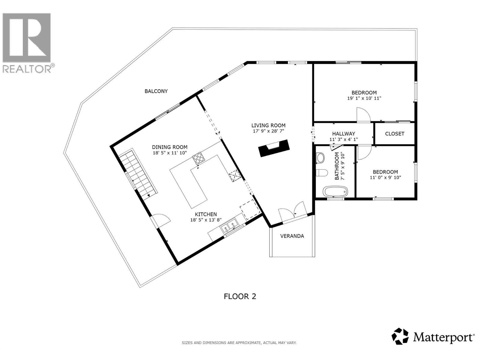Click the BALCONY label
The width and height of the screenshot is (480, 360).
(x=156, y=91)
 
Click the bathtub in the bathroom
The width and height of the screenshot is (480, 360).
(x=335, y=191)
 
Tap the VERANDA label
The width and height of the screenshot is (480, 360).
(x=292, y=236)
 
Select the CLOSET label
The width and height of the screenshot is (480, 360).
(x=394, y=134)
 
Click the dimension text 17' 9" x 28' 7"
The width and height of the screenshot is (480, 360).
(x=268, y=131)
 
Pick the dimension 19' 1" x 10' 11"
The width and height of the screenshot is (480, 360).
(x=364, y=98)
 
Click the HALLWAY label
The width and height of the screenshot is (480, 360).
(x=343, y=134)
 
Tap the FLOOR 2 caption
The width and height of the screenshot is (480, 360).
(x=240, y=296)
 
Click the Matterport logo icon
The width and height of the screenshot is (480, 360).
(x=400, y=336)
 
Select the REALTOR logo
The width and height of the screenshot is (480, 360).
(x=27, y=42)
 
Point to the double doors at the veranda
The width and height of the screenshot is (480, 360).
(x=292, y=212)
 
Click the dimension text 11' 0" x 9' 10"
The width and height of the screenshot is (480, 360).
(x=385, y=177)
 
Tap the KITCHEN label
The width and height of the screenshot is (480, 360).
(x=206, y=214)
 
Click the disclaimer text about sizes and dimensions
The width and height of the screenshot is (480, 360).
(x=239, y=343)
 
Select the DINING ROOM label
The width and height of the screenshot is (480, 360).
(x=169, y=147)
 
